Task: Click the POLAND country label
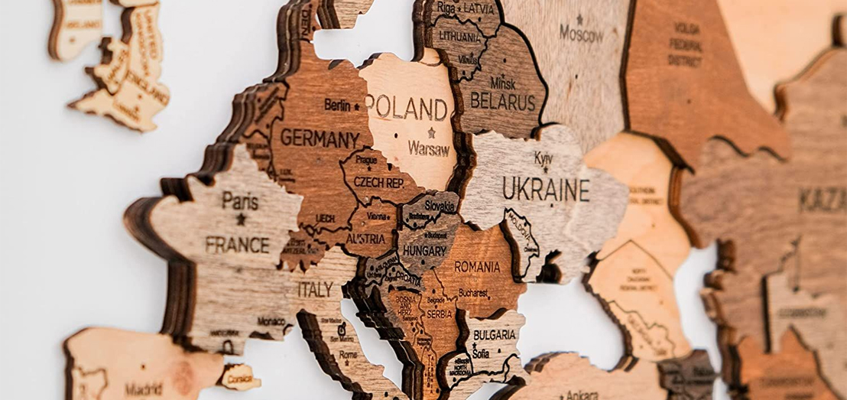point(407,108)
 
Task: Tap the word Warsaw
point(429,148)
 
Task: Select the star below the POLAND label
point(432,132)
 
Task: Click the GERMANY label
point(320,138)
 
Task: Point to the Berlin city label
point(337,105)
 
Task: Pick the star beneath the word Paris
point(241,219)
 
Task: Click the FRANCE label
point(237,245)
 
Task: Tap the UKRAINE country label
point(546,189)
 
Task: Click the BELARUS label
point(502,100)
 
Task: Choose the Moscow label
point(581,33)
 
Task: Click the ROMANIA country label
point(477,267)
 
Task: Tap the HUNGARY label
point(425,250)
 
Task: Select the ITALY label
point(315,289)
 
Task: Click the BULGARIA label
point(494,335)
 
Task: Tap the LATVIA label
point(479,8)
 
